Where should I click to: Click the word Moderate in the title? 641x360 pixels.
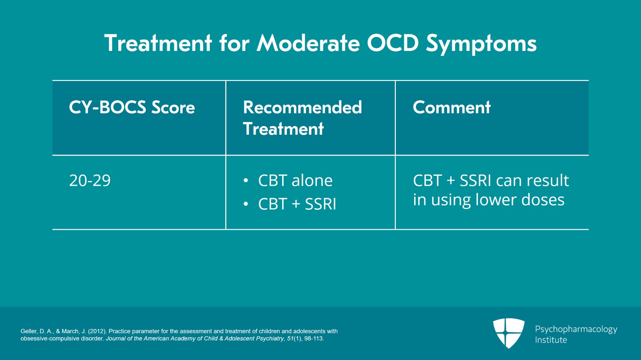(308, 43)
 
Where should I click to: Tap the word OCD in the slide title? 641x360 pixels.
(393, 43)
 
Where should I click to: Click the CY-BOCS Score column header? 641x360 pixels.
(132, 107)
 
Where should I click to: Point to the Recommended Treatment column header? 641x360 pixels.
(302, 118)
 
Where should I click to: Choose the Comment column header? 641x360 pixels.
(452, 107)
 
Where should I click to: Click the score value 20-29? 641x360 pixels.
(90, 181)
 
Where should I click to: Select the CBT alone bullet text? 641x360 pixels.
(295, 181)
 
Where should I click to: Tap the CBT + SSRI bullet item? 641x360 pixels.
(297, 204)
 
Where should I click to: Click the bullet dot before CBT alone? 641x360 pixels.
(246, 181)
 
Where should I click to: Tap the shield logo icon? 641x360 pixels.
(508, 333)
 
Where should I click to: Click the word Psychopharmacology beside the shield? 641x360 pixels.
(576, 329)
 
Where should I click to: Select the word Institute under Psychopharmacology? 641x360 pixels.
(551, 340)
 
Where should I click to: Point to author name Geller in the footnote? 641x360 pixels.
(29, 331)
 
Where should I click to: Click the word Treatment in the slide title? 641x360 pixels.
(158, 43)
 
